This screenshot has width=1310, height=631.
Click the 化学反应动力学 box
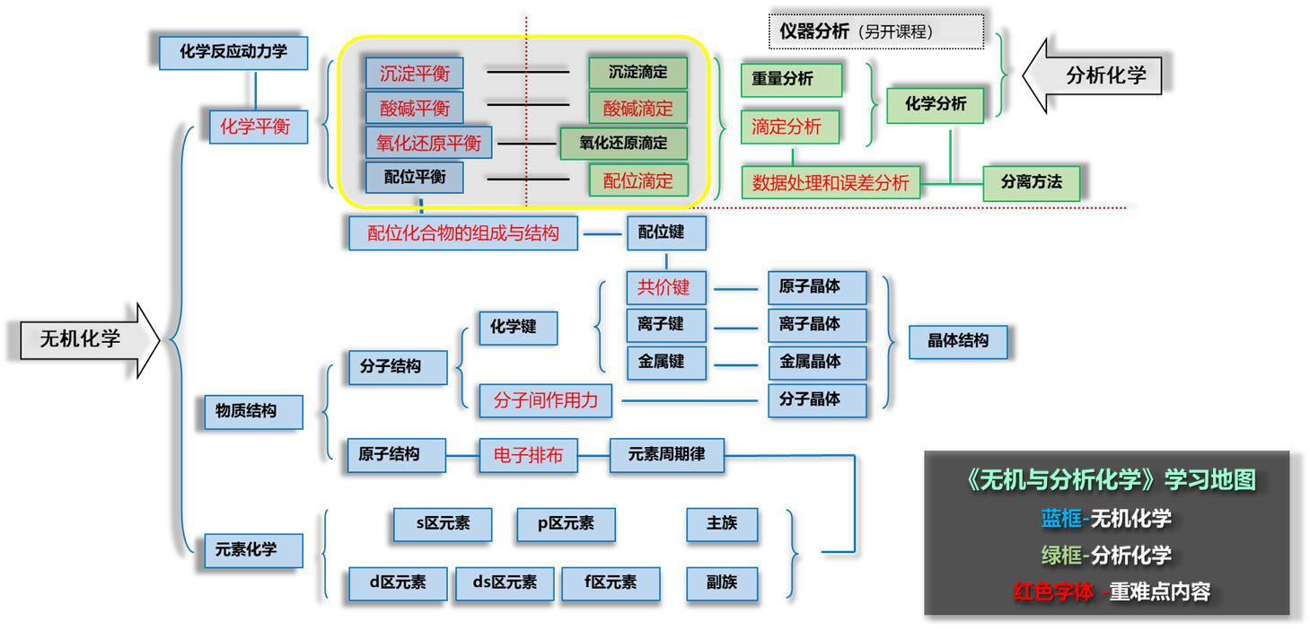[233, 52]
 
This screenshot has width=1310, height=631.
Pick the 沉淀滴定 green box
[637, 72]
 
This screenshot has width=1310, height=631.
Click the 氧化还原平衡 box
[428, 144]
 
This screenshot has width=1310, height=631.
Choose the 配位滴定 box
[637, 180]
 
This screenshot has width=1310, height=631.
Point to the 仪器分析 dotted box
[875, 31]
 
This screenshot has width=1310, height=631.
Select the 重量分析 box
[791, 79]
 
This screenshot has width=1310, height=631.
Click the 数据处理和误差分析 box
[831, 183]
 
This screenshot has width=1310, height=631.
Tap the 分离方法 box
[1031, 182]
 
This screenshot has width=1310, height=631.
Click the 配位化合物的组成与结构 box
[462, 233]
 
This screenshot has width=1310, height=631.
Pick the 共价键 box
[664, 287]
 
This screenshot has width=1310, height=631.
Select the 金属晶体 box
[817, 362]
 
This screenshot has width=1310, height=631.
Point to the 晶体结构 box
[957, 341]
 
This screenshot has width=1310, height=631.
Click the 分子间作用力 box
[545, 400]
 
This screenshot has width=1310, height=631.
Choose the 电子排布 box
[528, 455]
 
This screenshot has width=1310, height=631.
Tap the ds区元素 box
[504, 583]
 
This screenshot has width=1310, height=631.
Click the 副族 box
[722, 583]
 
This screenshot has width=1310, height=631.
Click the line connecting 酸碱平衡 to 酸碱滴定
[527, 105]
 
